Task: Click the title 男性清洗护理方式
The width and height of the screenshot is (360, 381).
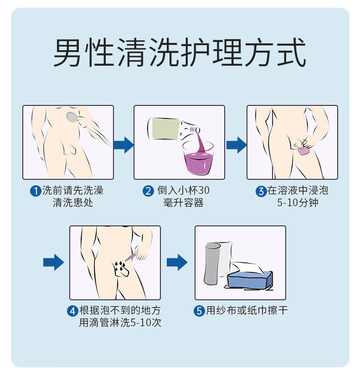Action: (180, 54)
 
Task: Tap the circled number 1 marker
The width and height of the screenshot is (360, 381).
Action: (36, 191)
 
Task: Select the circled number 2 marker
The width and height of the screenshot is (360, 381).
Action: (148, 191)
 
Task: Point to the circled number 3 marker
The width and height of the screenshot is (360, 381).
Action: (261, 191)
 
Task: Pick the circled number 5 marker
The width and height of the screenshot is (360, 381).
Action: (199, 311)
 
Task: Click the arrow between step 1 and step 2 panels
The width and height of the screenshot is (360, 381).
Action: (123, 145)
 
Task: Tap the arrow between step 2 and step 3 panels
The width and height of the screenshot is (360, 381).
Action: (236, 145)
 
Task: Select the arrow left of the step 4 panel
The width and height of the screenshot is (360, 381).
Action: (53, 262)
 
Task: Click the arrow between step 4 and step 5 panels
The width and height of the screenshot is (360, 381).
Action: (177, 262)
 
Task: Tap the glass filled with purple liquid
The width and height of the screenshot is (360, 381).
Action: (198, 158)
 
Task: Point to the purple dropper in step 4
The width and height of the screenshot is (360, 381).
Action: (131, 256)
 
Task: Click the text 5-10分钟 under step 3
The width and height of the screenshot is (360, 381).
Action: (298, 203)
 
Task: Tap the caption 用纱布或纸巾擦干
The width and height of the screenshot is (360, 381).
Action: (247, 311)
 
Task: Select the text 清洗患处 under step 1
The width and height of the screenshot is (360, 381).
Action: (73, 203)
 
